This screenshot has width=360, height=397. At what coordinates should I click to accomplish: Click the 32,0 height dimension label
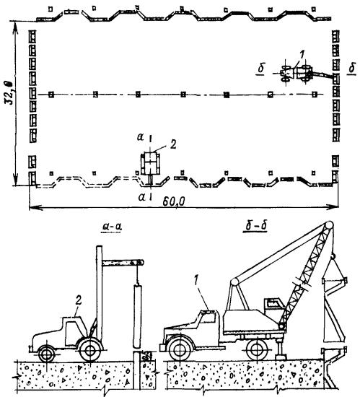pos(9,92)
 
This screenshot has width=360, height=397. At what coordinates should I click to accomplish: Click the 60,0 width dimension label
pos(174,202)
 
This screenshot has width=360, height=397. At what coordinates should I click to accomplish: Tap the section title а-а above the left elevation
pos(112,227)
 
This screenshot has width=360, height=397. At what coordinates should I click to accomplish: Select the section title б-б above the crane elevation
pos(256,226)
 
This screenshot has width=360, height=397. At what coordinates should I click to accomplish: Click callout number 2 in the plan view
pos(173,144)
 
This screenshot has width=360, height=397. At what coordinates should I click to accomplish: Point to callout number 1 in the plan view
pos(302,54)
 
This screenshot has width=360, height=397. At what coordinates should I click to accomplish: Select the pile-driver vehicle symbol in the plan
pos(150,164)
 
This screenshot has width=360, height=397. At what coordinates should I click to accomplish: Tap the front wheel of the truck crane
pos(180,349)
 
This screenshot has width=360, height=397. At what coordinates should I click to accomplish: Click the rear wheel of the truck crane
pos(258,349)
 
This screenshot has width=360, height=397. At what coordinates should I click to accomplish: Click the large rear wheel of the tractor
pos(90,350)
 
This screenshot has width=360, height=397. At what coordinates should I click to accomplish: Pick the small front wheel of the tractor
pos(47,354)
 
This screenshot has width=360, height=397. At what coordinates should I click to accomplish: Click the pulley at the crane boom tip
pos(329,224)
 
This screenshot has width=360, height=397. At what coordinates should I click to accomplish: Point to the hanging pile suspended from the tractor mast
pos(137,315)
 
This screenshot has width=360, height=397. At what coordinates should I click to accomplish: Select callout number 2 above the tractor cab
pos(79,300)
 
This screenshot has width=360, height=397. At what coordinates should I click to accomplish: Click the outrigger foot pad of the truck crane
pos(281,357)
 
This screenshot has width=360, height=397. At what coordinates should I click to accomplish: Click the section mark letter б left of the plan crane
pos(261,69)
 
